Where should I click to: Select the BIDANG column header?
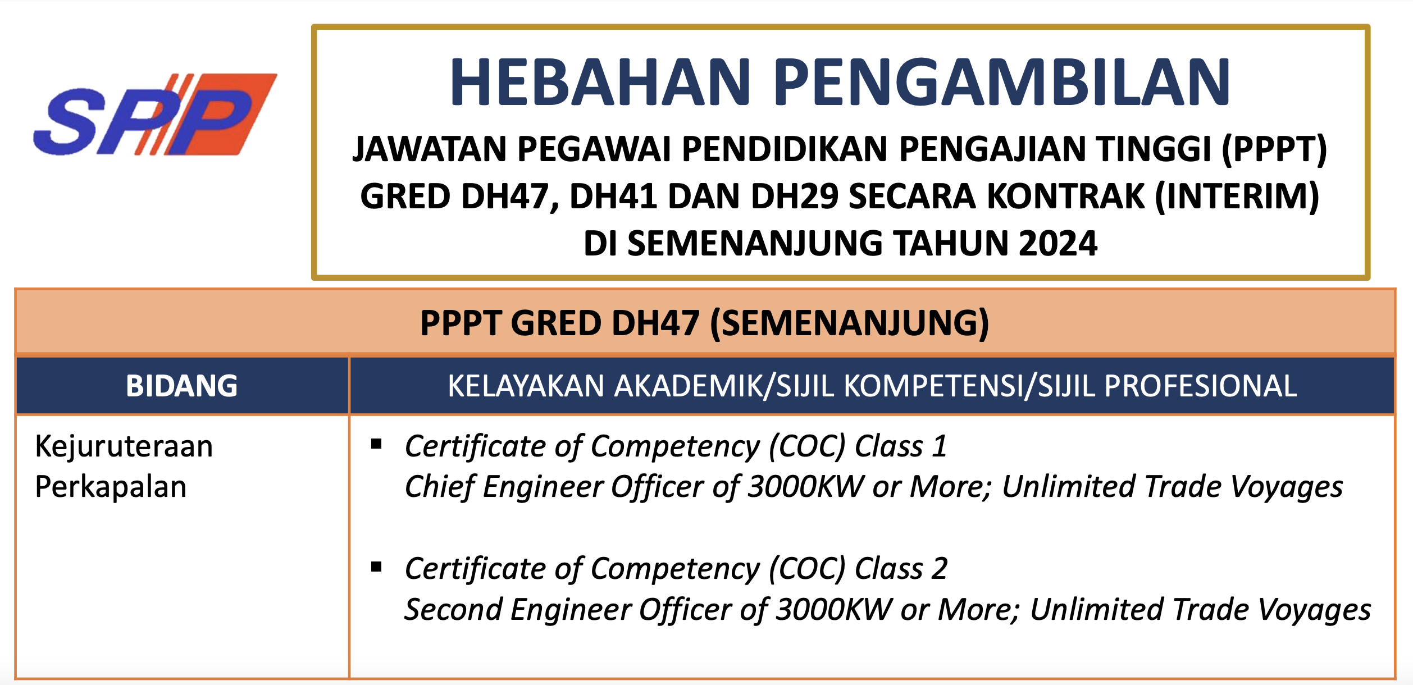(x=182, y=386)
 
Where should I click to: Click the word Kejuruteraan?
(x=124, y=447)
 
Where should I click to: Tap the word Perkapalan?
(x=111, y=487)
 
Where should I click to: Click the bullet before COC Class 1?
(x=376, y=445)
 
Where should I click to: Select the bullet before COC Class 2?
(x=376, y=567)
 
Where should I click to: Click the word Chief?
(x=440, y=486)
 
